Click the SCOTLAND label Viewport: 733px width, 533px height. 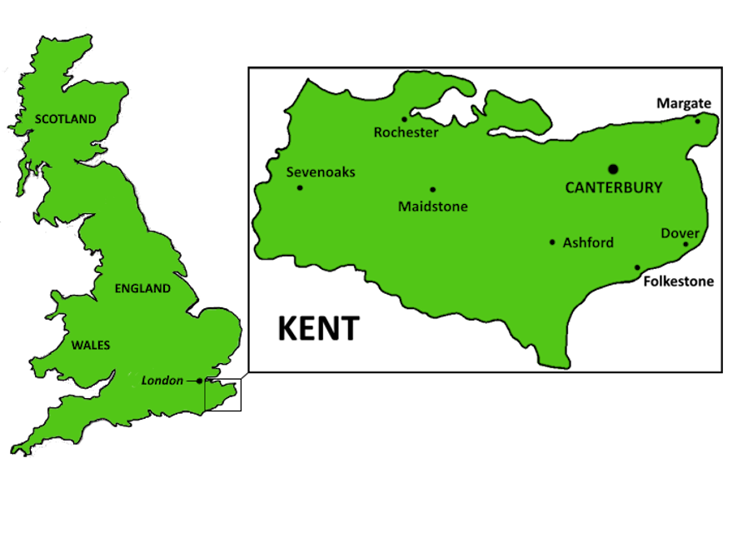[x=65, y=119]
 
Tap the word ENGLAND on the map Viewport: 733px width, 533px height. [x=142, y=288]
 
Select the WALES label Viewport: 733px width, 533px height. [x=90, y=345]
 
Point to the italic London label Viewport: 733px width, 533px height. [x=162, y=381]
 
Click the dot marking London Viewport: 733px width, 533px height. [x=200, y=381]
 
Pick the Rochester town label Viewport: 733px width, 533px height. [x=406, y=132]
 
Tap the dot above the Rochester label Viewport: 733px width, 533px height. [x=405, y=119]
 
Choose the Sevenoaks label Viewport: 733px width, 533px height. [x=321, y=172]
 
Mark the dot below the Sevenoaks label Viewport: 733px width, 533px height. [x=300, y=187]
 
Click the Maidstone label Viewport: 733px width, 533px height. [x=432, y=206]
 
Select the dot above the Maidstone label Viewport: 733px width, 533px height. [x=432, y=189]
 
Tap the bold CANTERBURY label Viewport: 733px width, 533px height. [x=614, y=188]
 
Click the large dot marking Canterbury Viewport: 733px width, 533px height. [x=613, y=169]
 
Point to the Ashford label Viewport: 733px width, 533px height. [x=588, y=243]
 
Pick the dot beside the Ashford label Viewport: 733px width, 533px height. [x=552, y=242]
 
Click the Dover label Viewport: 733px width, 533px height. [x=680, y=233]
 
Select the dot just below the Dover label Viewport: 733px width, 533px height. [x=686, y=244]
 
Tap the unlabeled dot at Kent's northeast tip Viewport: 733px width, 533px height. [x=698, y=122]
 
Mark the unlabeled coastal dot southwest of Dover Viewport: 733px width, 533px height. [x=637, y=267]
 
